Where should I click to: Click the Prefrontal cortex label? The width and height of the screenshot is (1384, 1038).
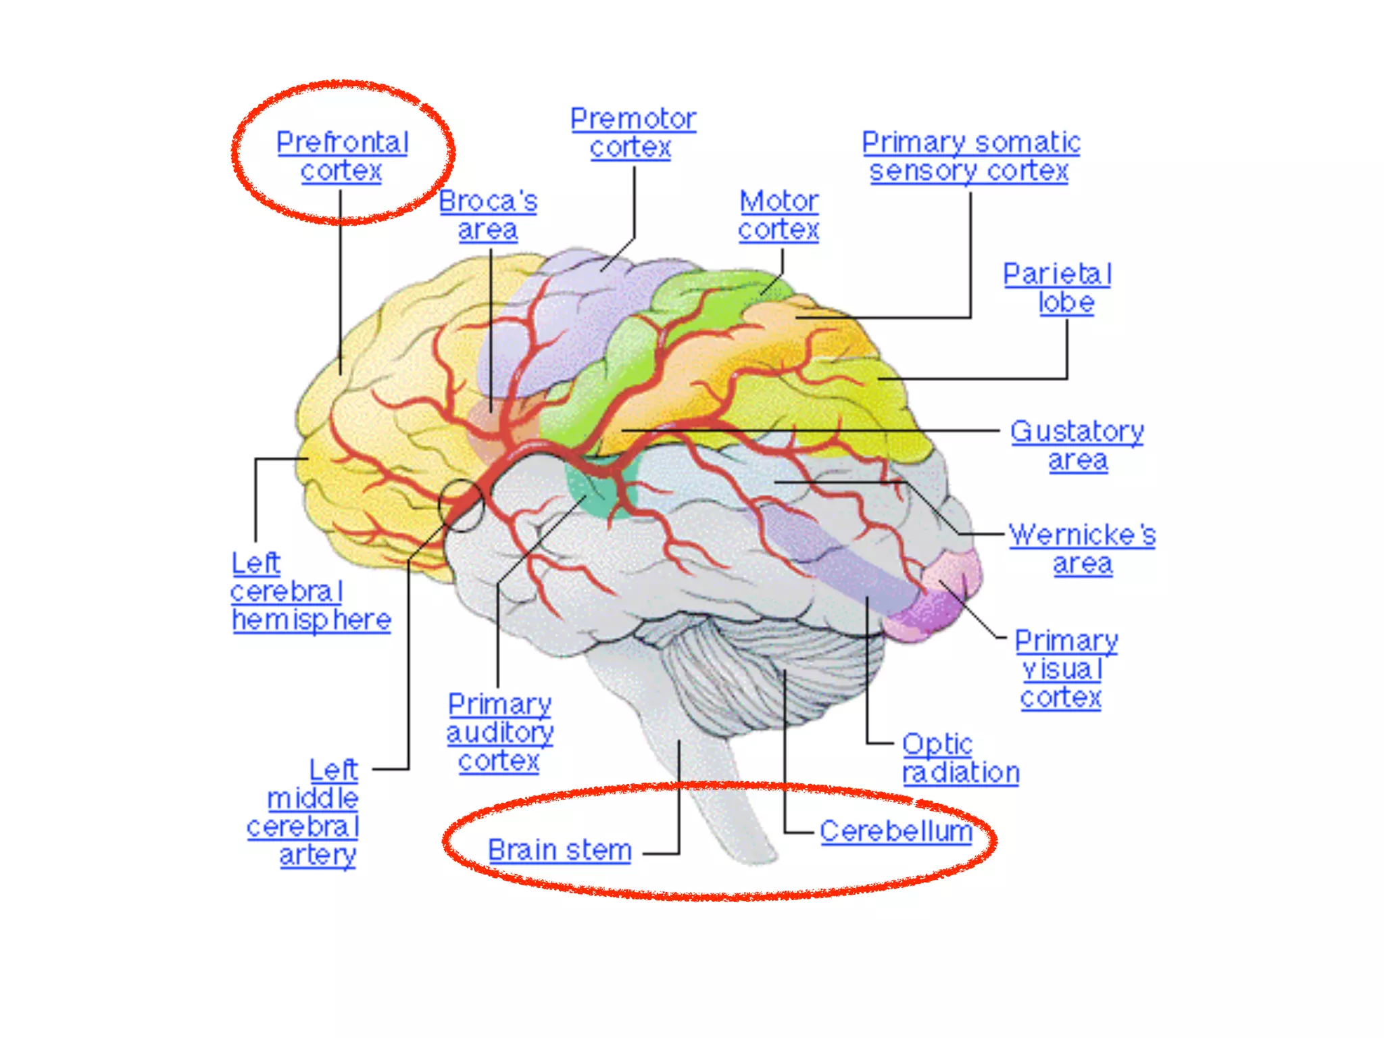click(x=342, y=156)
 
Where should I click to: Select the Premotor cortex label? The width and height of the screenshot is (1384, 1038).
click(x=633, y=133)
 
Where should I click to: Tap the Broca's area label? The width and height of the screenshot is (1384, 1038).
click(x=488, y=216)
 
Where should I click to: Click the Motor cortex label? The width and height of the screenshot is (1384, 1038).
click(x=778, y=216)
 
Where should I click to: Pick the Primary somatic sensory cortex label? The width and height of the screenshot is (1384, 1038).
click(x=970, y=157)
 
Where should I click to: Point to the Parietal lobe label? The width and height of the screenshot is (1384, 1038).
click(x=1057, y=288)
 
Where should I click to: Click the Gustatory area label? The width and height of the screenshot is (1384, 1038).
click(x=1077, y=445)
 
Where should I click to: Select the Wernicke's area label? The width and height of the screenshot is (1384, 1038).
click(x=1082, y=549)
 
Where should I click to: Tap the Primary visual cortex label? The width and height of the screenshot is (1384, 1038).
click(x=1065, y=669)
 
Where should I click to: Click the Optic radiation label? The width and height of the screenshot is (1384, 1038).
click(x=960, y=758)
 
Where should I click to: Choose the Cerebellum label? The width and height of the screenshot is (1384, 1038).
click(x=895, y=831)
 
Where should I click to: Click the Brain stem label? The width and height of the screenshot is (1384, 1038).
click(x=560, y=850)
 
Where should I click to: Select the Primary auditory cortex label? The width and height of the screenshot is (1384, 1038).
click(x=499, y=733)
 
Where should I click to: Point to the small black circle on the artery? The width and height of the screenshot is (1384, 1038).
click(x=462, y=505)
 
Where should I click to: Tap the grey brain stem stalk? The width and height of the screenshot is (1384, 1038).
click(x=716, y=777)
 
